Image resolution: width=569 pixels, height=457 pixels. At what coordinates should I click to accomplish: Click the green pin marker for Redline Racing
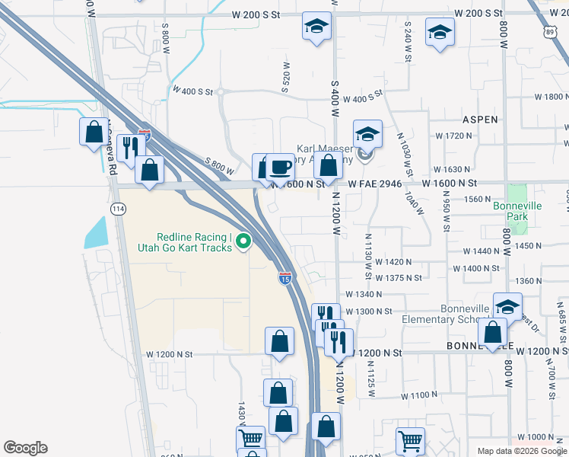pyautogui.click(x=243, y=241)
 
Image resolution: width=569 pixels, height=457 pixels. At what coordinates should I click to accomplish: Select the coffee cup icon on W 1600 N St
pyautogui.click(x=280, y=166)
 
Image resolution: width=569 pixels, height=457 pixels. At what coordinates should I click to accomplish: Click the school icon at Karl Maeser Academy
pyautogui.click(x=367, y=134)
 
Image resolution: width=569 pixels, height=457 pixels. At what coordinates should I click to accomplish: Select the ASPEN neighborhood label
pyautogui.click(x=480, y=120)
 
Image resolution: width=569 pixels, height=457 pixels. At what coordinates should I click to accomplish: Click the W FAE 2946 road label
pyautogui.click(x=375, y=184)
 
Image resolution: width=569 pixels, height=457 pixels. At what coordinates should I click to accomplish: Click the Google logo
pyautogui.click(x=25, y=448)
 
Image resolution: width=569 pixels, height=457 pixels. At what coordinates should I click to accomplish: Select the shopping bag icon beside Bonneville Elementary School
pyautogui.click(x=493, y=332)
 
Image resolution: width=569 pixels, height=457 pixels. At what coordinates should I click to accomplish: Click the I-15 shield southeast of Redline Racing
pyautogui.click(x=284, y=279)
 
